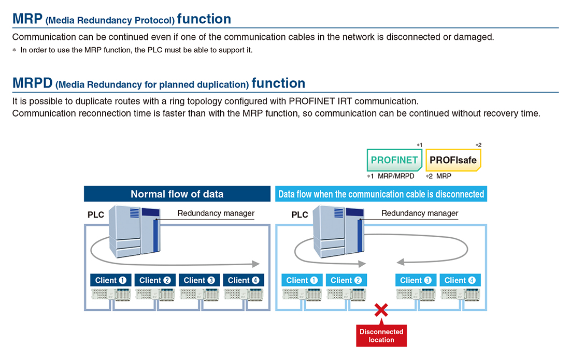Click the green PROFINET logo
pyautogui.click(x=394, y=160)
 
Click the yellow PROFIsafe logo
pyautogui.click(x=453, y=160)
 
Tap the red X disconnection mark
pyautogui.click(x=381, y=310)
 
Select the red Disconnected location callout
pyautogui.click(x=381, y=335)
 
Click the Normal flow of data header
pyautogui.click(x=177, y=194)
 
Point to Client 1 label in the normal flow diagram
pyautogui.click(x=110, y=280)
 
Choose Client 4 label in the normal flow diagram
pyautogui.click(x=244, y=280)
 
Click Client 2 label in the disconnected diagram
pyautogui.click(x=346, y=280)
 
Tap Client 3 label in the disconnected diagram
pyautogui.click(x=416, y=280)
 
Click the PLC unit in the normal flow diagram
pyautogui.click(x=135, y=232)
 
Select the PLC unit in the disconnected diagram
pyautogui.click(x=339, y=232)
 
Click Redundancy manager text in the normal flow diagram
pyautogui.click(x=216, y=213)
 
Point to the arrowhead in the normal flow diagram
pyautogui.click(x=256, y=264)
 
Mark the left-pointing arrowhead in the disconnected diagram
pyautogui.click(x=401, y=262)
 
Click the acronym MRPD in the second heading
pyautogui.click(x=32, y=83)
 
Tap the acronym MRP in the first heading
pyautogui.click(x=27, y=19)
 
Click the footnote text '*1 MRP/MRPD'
pyautogui.click(x=391, y=176)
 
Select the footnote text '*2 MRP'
pyautogui.click(x=439, y=176)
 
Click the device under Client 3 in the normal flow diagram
pyautogui.click(x=199, y=294)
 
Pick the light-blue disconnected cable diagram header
pyautogui.click(x=381, y=194)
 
